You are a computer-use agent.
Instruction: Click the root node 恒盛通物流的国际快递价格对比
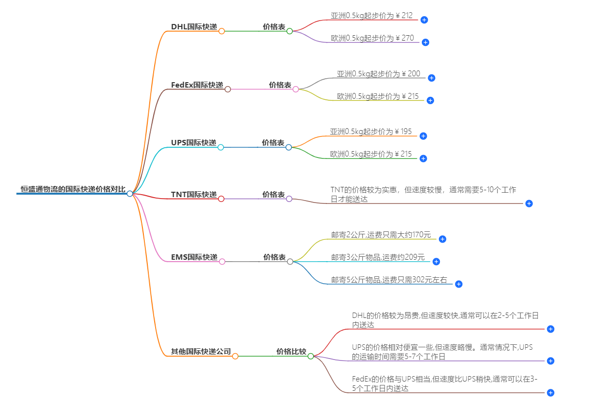[x=72, y=189]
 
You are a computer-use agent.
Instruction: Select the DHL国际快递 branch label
[x=194, y=27]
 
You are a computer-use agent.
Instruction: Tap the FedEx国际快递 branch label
[x=197, y=85]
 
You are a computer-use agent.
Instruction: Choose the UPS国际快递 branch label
[x=193, y=143]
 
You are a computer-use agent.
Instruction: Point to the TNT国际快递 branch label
[x=193, y=195]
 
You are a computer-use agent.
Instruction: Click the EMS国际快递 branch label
[x=194, y=257]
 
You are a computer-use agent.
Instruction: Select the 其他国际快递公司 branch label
[x=201, y=352]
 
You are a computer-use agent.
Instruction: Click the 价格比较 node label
[x=291, y=352]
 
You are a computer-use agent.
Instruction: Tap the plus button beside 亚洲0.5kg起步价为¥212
[x=424, y=20]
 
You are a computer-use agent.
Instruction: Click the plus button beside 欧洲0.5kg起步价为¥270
[x=425, y=43]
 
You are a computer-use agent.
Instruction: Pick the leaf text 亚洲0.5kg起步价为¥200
[x=378, y=74]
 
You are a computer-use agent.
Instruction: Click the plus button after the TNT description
[x=529, y=203]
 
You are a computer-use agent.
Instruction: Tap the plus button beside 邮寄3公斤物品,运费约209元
[x=436, y=262]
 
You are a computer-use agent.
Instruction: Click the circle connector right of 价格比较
[x=311, y=356]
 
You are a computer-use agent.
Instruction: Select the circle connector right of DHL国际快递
[x=222, y=31]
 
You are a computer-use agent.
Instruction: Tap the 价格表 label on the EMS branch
[x=274, y=257]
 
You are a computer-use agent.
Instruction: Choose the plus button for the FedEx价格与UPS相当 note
[x=550, y=393]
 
